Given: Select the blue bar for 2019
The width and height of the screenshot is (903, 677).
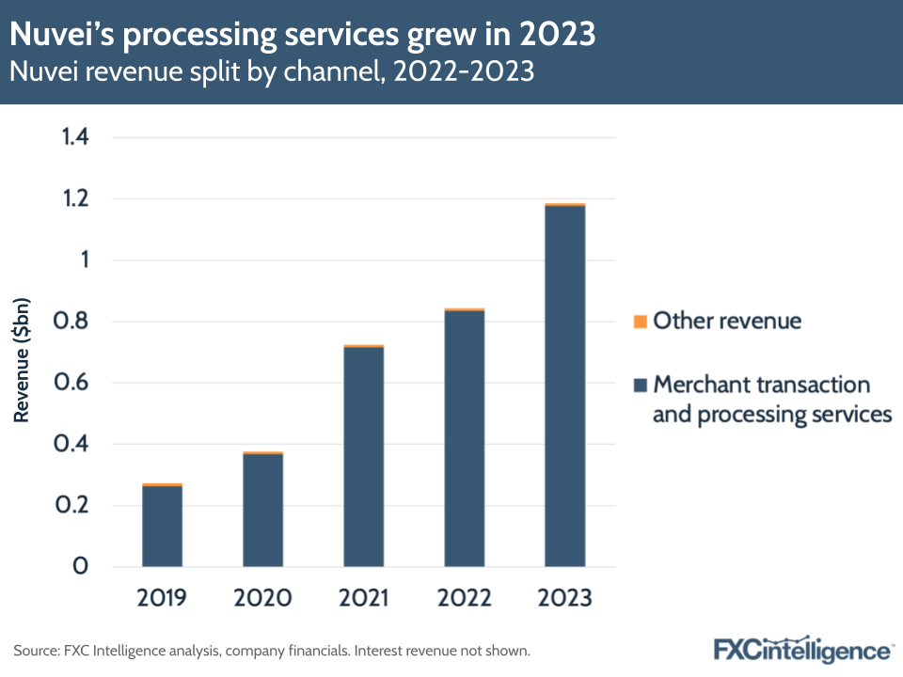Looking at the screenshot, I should pyautogui.click(x=162, y=527).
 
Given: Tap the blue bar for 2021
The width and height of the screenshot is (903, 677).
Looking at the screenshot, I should pyautogui.click(x=363, y=457).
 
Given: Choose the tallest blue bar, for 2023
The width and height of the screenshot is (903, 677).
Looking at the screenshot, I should pyautogui.click(x=564, y=386).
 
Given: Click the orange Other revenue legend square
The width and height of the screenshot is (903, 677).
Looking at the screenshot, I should pyautogui.click(x=641, y=322).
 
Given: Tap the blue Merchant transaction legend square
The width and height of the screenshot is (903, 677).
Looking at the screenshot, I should pyautogui.click(x=641, y=385).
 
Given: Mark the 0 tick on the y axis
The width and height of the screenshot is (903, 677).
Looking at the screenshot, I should pyautogui.click(x=82, y=567).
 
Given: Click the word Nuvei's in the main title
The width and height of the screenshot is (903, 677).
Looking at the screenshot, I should pyautogui.click(x=62, y=35).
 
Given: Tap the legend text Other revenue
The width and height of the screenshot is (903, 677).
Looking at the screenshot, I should pyautogui.click(x=727, y=322).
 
